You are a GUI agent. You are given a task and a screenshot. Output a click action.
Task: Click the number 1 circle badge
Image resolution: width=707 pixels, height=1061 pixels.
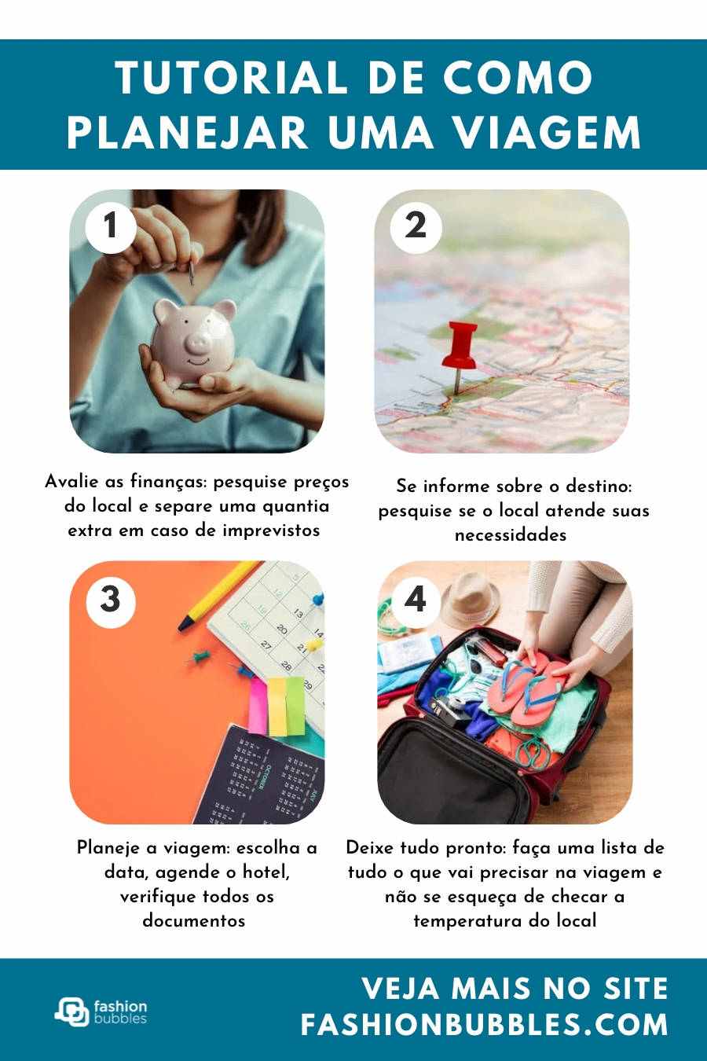click(111, 227)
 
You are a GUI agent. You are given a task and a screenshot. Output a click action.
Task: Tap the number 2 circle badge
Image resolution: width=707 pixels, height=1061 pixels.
click(416, 227)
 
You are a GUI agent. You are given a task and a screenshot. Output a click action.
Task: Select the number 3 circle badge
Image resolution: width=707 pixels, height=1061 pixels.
click(111, 600)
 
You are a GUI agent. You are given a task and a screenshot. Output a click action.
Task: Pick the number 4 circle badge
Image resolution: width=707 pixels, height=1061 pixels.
click(416, 600)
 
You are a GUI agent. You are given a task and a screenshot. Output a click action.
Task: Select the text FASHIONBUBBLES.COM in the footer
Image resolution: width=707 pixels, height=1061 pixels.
click(485, 1025)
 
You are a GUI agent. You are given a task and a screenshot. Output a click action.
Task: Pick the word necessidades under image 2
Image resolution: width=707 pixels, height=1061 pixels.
click(511, 535)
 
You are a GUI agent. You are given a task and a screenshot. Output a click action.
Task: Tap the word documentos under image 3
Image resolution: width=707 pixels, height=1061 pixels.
click(194, 920)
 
